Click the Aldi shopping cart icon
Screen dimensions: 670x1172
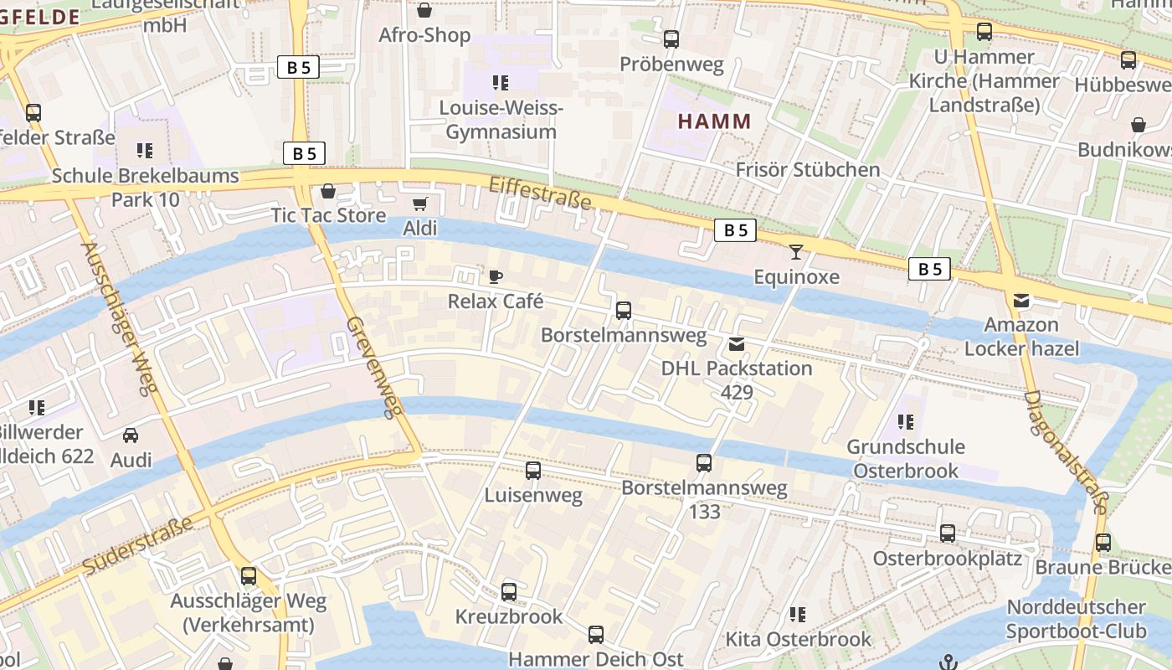pyautogui.click(x=420, y=204)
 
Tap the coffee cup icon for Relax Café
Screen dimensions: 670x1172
pyautogui.click(x=496, y=276)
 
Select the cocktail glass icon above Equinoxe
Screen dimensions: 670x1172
pyautogui.click(x=796, y=251)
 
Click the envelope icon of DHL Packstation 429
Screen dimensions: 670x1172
pyautogui.click(x=737, y=344)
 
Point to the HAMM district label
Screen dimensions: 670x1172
pyautogui.click(x=714, y=121)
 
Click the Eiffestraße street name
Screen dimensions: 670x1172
pyautogui.click(x=540, y=193)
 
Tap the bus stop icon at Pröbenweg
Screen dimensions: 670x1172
pyautogui.click(x=671, y=39)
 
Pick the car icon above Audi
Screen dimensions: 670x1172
pyautogui.click(x=131, y=435)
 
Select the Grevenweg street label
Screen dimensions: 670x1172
pyautogui.click(x=375, y=367)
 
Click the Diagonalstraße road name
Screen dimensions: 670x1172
pyautogui.click(x=1066, y=452)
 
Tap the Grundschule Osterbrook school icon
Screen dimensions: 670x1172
pyautogui.click(x=905, y=422)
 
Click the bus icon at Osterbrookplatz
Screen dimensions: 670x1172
pyautogui.click(x=948, y=533)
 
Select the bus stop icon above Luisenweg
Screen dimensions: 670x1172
pyautogui.click(x=533, y=471)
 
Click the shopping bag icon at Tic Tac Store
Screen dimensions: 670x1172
pyautogui.click(x=328, y=191)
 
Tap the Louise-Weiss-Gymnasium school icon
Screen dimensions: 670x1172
pyautogui.click(x=501, y=83)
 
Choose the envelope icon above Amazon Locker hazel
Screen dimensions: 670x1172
pyautogui.click(x=1021, y=300)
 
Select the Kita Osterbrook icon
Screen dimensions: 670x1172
pyautogui.click(x=798, y=615)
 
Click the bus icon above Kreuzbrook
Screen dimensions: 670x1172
pyautogui.click(x=509, y=592)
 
